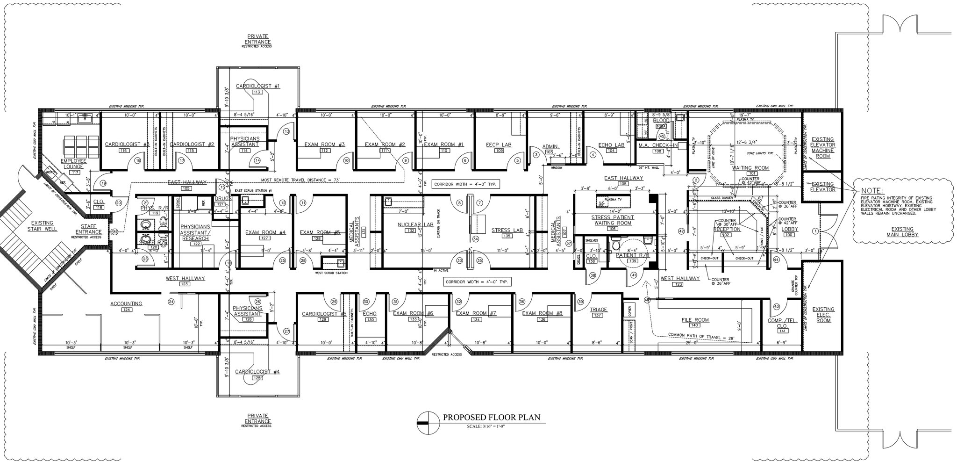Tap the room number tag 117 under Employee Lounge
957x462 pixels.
[x=74, y=173]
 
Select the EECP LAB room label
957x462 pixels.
[x=499, y=144]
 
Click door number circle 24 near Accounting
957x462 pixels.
[x=171, y=302]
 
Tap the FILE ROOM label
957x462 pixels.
[x=694, y=320]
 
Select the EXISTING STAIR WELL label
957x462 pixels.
[x=43, y=226]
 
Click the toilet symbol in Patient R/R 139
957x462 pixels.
[x=616, y=245]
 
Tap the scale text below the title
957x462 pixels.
[x=486, y=426]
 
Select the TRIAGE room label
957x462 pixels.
[x=599, y=310]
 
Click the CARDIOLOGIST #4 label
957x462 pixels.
[x=257, y=372]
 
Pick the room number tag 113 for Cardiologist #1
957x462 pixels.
[x=257, y=92]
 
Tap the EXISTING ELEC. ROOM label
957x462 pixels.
[x=823, y=315]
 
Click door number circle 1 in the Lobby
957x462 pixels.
[x=816, y=231]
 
